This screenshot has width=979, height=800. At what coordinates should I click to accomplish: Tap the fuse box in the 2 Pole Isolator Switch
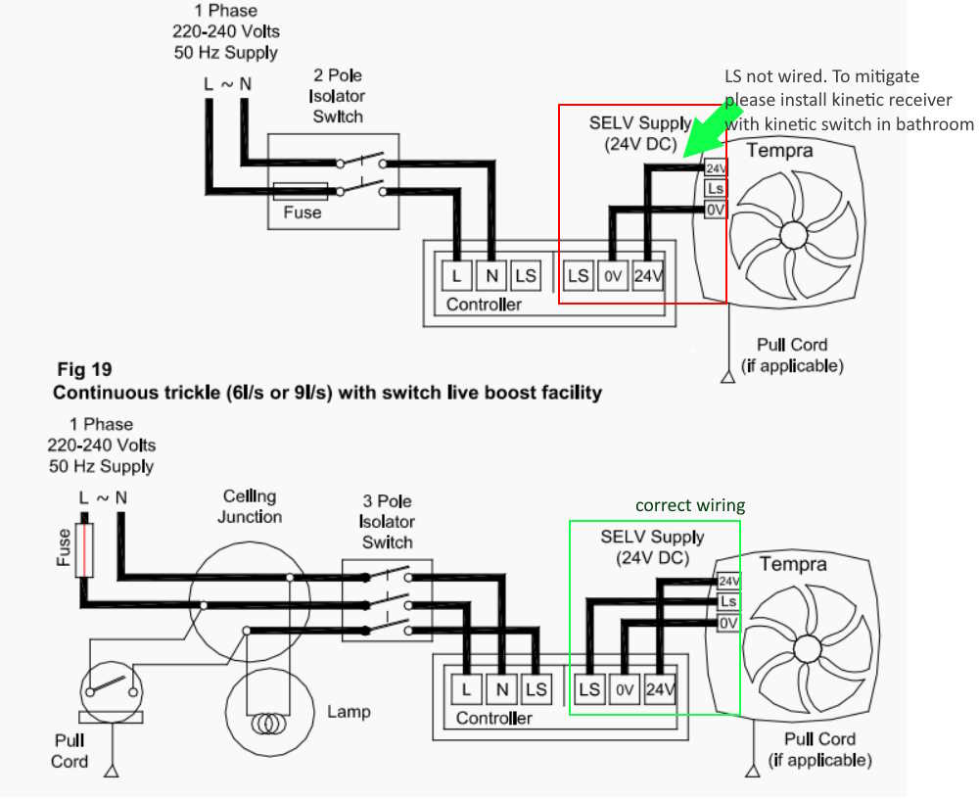(302, 192)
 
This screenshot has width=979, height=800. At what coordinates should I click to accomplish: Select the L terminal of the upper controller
(456, 275)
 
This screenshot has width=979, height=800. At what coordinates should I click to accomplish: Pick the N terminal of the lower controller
(501, 688)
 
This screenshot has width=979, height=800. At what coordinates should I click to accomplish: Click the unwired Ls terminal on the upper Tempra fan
(716, 188)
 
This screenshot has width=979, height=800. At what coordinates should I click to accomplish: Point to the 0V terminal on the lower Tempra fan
(728, 623)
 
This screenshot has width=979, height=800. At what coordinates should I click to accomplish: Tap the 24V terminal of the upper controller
(648, 275)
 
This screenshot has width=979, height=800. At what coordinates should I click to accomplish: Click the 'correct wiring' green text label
(690, 505)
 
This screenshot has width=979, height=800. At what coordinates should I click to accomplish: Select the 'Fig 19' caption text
(84, 369)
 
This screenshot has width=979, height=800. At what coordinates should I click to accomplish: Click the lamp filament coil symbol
(269, 725)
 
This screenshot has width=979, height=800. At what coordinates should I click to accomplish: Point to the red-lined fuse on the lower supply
(84, 550)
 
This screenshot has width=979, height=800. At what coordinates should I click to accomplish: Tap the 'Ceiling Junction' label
(250, 506)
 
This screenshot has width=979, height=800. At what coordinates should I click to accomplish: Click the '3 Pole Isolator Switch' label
(387, 522)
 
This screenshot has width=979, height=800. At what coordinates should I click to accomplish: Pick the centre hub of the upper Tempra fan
(793, 235)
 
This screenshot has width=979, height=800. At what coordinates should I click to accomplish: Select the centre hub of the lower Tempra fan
(807, 649)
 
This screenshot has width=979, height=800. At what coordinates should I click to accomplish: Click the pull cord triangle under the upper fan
(728, 377)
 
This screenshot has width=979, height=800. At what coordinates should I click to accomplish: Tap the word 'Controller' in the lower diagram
(493, 718)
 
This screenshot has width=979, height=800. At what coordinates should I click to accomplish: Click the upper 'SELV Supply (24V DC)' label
(640, 133)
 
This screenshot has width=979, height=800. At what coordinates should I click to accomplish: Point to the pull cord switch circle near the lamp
(112, 692)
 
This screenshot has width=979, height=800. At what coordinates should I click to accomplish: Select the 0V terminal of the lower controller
(624, 688)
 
